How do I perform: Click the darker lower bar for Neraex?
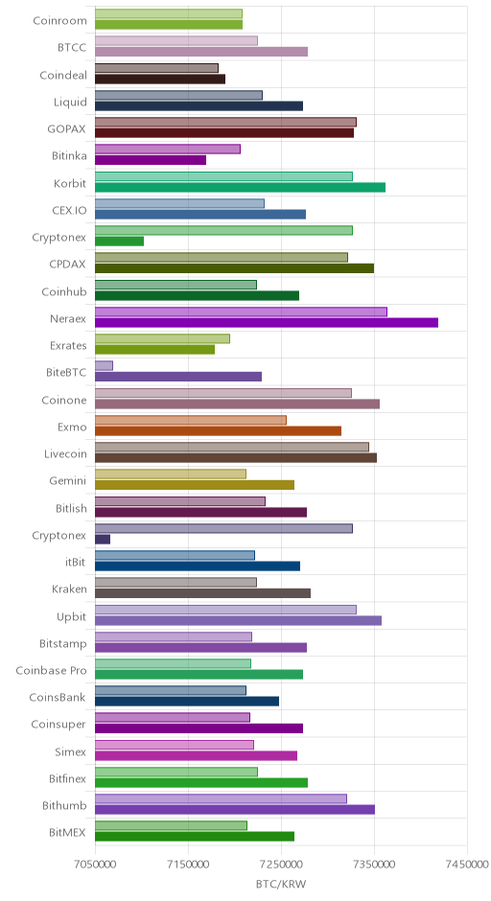click(267, 322)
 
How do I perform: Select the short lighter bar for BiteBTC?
click(105, 365)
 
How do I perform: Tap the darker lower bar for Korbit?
click(240, 187)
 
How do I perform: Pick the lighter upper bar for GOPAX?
click(225, 122)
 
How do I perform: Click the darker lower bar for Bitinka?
click(150, 160)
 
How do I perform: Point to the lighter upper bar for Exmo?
click(190, 420)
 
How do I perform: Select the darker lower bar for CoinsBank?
click(187, 701)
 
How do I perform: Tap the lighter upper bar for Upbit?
click(225, 610)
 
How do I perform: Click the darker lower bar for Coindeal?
click(160, 79)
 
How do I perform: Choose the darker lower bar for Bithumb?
click(235, 810)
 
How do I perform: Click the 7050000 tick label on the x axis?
click(96, 864)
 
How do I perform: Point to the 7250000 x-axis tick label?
click(281, 864)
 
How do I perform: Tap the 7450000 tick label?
click(467, 864)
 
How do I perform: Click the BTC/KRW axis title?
click(281, 884)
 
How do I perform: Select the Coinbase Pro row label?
click(51, 671)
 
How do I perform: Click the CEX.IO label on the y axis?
click(70, 210)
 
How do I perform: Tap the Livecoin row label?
click(65, 454)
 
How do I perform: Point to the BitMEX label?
click(67, 833)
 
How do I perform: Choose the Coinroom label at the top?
click(59, 21)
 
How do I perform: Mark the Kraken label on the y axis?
click(70, 589)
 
